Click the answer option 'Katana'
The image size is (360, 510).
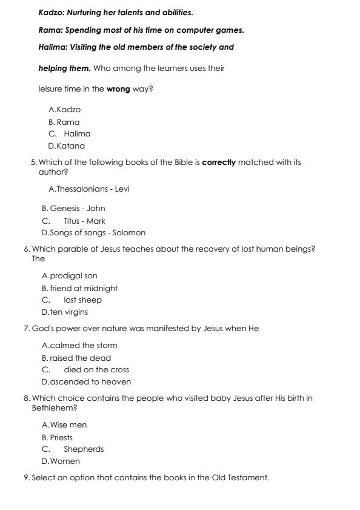point(70,146)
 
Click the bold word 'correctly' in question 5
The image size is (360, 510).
point(219,163)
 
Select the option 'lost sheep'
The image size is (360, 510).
point(82,300)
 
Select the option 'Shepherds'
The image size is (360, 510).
point(84,449)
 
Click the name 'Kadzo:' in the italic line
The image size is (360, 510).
point(53,12)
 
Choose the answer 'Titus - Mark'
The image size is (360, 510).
point(84,221)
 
